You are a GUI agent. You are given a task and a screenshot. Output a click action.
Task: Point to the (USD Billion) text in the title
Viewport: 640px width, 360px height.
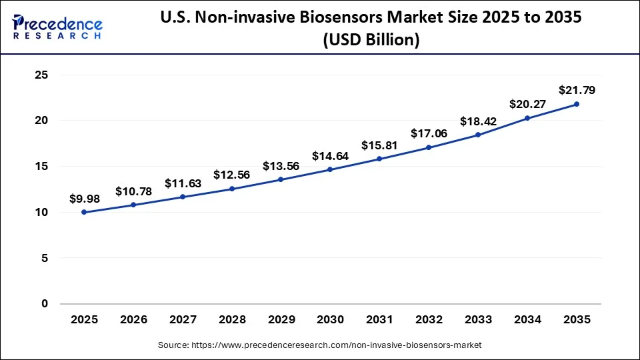click(x=371, y=40)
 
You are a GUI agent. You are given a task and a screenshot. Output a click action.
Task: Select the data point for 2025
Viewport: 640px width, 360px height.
click(x=84, y=212)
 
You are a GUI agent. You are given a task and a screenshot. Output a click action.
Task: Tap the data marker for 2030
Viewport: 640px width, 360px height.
click(x=330, y=169)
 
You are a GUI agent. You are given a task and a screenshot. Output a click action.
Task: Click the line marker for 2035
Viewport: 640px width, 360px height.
click(x=577, y=104)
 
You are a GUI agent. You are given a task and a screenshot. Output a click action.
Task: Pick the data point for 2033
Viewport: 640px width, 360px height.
click(x=478, y=135)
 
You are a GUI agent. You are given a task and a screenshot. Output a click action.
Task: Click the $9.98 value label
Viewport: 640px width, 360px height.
click(x=84, y=198)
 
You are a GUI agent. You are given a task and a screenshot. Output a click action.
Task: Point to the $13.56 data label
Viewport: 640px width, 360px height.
click(x=281, y=166)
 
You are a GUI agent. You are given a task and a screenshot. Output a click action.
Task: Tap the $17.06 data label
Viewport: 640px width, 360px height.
click(x=429, y=133)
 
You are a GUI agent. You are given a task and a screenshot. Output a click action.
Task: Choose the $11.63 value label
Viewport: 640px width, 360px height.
click(x=183, y=183)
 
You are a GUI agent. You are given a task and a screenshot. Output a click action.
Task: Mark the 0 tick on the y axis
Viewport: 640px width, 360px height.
click(x=45, y=304)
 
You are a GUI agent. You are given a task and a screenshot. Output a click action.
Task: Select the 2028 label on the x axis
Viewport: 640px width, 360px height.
click(x=232, y=320)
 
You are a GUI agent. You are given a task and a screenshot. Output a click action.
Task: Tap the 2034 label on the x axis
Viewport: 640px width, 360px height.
click(x=527, y=320)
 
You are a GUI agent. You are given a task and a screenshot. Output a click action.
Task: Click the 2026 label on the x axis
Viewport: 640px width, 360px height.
click(x=133, y=320)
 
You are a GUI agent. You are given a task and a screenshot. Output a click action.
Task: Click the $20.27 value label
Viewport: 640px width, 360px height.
click(x=527, y=104)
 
